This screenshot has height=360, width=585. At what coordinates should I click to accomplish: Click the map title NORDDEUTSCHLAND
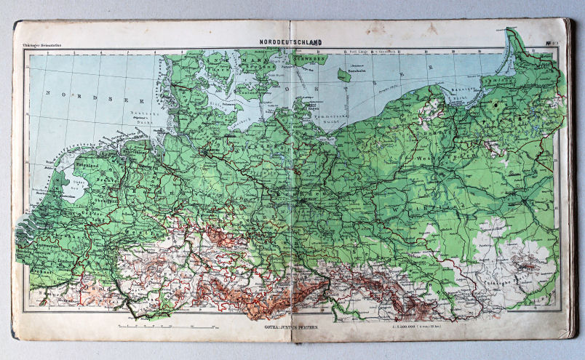click(291, 43)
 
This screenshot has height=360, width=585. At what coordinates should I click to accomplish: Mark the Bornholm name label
click(354, 71)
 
